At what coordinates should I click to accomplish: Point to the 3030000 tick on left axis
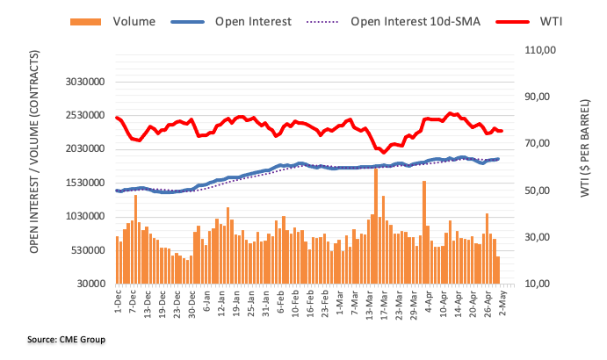84,82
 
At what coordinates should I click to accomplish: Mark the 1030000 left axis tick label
84,217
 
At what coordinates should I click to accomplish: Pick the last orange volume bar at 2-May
497,270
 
